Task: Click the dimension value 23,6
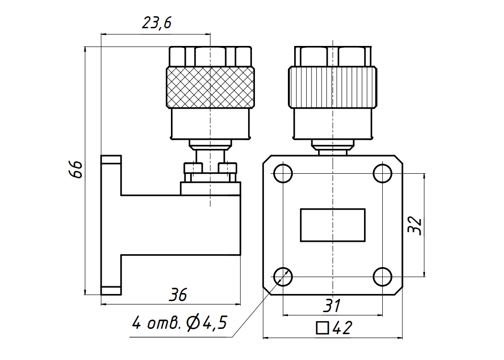coord(157,23)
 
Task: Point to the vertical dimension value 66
coord(76,169)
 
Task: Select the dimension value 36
coord(178,295)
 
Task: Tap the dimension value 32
coord(414,226)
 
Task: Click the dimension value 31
coord(332,306)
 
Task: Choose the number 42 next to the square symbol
coord(343,328)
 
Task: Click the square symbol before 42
coord(322,328)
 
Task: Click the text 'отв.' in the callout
coord(163,323)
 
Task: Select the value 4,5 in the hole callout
coord(216,323)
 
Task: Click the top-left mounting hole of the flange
coord(283,173)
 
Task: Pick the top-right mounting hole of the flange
coord(382,173)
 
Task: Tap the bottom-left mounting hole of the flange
coord(283,277)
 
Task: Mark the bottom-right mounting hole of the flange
coord(382,277)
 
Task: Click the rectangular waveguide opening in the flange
coord(332,225)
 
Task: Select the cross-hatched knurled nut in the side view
coord(210,87)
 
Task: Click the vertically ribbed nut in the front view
coord(332,87)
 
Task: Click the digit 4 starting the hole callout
coord(137,323)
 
